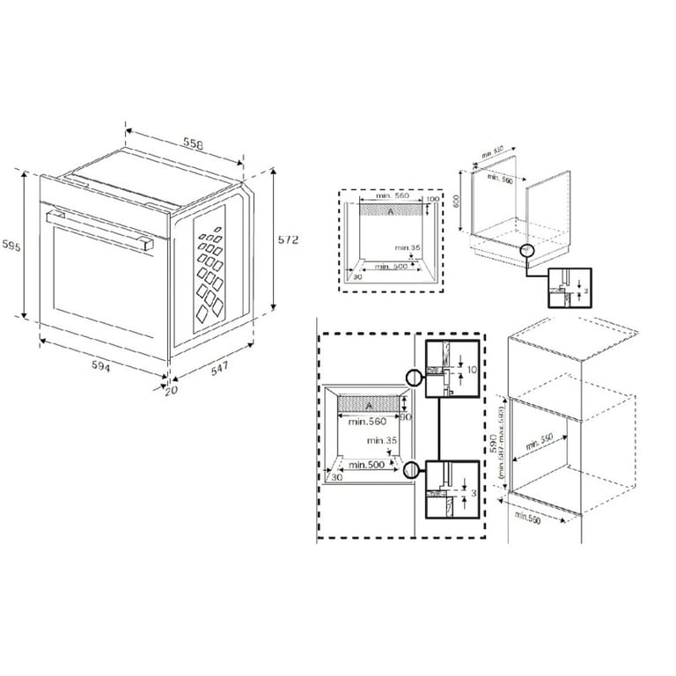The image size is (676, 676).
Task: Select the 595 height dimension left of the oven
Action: click(x=11, y=244)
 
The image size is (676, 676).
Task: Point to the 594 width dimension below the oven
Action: click(x=99, y=366)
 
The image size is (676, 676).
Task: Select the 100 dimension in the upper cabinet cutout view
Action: click(x=431, y=200)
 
